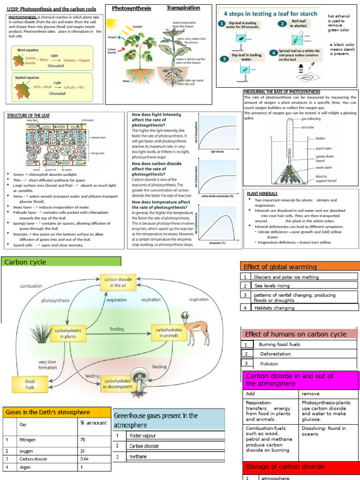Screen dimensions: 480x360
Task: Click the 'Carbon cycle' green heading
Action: point(21,262)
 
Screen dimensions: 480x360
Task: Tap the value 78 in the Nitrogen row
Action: point(83,440)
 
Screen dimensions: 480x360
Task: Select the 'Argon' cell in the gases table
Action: point(24,467)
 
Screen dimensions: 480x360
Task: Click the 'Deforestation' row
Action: point(276,354)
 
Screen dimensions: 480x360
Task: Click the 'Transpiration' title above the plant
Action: point(183,8)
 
